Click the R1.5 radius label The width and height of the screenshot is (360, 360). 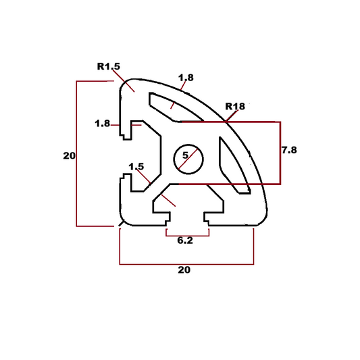click(x=109, y=67)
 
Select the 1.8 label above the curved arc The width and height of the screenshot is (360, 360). click(x=186, y=78)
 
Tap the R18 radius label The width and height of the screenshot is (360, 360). click(x=235, y=106)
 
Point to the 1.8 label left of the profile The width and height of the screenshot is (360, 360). click(x=103, y=124)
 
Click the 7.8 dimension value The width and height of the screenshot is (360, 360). click(x=288, y=150)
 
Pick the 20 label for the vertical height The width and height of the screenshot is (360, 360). click(x=69, y=155)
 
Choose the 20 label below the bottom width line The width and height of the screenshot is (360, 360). click(x=184, y=269)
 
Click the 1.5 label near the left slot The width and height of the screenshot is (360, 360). click(x=136, y=166)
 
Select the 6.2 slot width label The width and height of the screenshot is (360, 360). click(x=185, y=240)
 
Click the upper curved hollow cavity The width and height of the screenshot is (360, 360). click(x=169, y=105)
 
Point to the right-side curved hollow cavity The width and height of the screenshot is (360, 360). click(x=233, y=162)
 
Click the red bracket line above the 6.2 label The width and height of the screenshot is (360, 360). click(x=187, y=236)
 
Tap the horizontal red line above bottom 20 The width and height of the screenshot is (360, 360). click(x=186, y=263)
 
